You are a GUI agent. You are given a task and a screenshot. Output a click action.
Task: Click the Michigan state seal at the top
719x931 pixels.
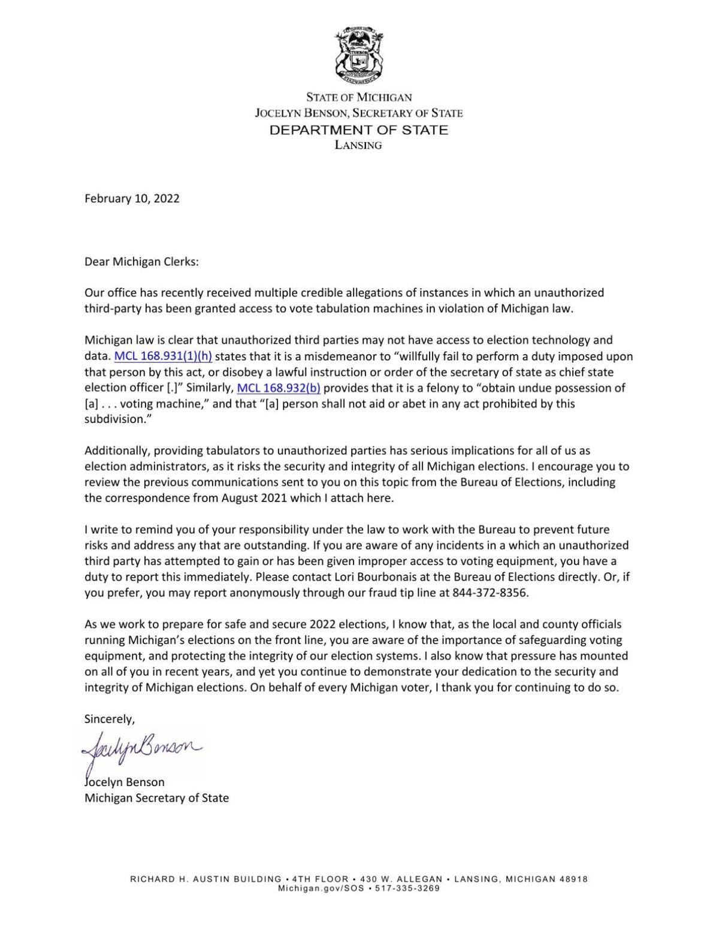(359, 55)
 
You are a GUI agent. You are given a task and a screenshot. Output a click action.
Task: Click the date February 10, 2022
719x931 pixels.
(132, 198)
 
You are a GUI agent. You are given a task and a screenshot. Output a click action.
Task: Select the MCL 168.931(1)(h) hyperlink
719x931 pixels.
(163, 356)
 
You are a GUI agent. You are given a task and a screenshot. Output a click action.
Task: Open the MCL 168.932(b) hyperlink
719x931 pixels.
(279, 388)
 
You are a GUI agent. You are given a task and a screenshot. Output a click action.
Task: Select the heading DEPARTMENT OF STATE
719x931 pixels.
(358, 129)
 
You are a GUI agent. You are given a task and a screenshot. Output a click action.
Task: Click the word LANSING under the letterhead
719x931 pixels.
(358, 145)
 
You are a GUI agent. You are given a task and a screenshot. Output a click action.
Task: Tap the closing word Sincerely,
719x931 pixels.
(110, 719)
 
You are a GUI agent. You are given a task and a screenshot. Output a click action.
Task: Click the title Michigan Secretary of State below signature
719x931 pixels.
(156, 798)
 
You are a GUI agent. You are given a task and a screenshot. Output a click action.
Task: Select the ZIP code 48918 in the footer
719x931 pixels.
(575, 879)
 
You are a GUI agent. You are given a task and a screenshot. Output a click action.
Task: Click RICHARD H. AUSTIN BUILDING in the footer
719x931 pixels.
(206, 879)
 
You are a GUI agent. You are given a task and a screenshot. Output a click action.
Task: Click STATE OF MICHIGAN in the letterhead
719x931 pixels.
(359, 97)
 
